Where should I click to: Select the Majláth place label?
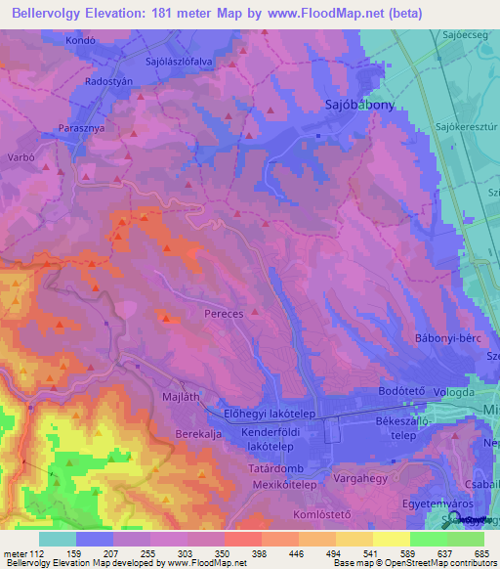(x=179, y=397)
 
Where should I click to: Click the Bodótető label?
(x=398, y=391)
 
